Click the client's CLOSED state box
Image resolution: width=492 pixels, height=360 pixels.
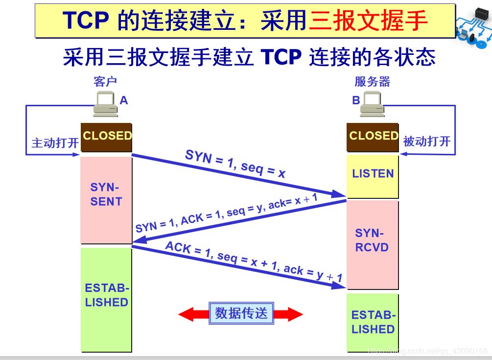[x=106, y=136]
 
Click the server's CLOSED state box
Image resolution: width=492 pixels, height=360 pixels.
[x=373, y=136]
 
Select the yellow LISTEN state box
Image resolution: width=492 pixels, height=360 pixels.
[x=373, y=174]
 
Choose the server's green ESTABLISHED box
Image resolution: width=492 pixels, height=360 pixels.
[x=373, y=322]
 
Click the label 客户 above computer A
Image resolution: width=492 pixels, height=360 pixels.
[x=105, y=81]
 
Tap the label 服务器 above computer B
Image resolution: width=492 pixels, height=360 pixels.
[x=372, y=81]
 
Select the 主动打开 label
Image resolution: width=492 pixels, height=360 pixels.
[x=55, y=143]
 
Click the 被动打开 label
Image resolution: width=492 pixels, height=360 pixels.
[x=426, y=142]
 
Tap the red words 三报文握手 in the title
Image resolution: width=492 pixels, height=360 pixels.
[x=368, y=21]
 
